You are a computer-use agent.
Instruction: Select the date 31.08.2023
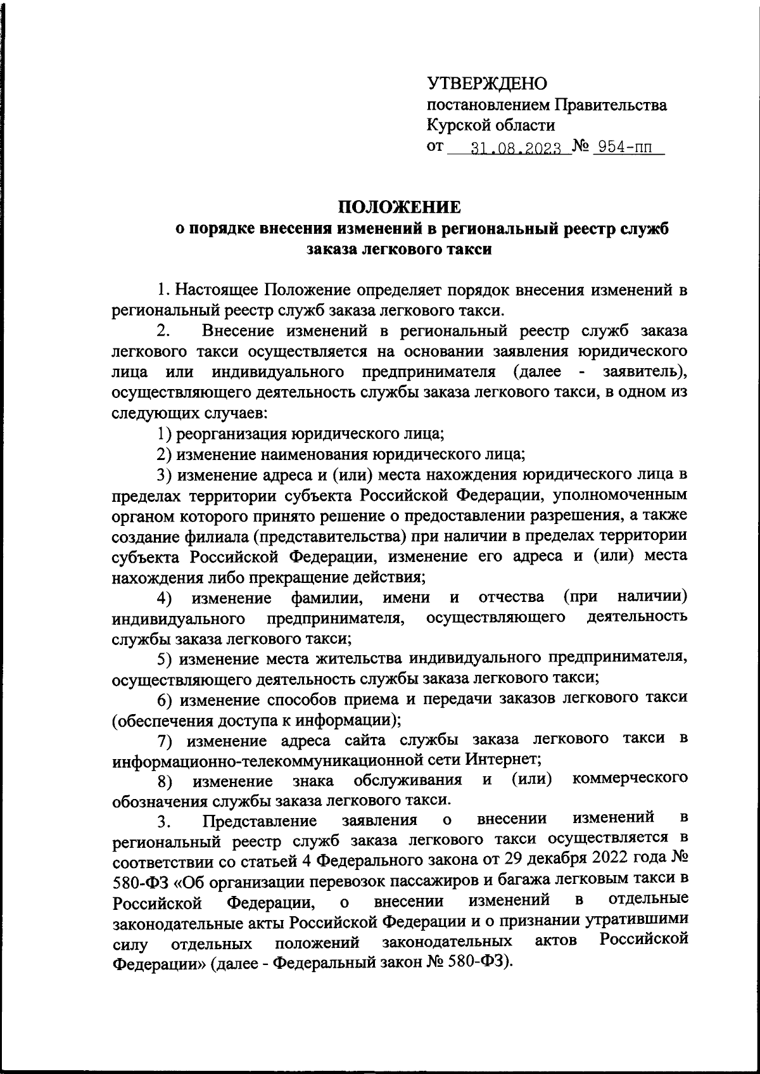517,150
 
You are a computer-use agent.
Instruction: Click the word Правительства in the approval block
611,105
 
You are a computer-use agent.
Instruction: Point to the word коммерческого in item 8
630,778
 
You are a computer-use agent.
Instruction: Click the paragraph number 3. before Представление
164,822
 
